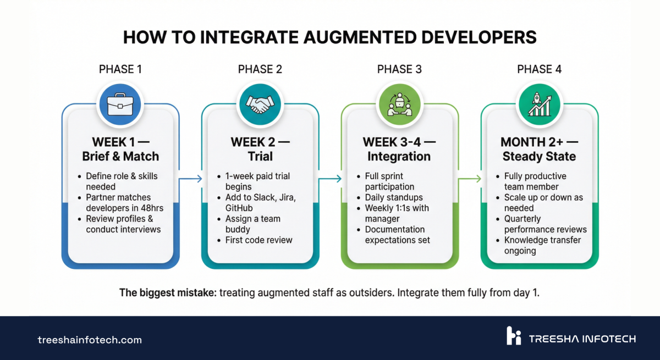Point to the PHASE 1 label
120,69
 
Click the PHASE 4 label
539,69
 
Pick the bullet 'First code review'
258,240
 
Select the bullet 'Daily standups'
394,197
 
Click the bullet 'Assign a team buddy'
252,224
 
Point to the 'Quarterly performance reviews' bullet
545,224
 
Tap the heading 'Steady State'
539,157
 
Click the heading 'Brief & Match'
120,157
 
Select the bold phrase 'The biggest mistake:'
168,292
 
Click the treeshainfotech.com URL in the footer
90,340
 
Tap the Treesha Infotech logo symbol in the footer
513,336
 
